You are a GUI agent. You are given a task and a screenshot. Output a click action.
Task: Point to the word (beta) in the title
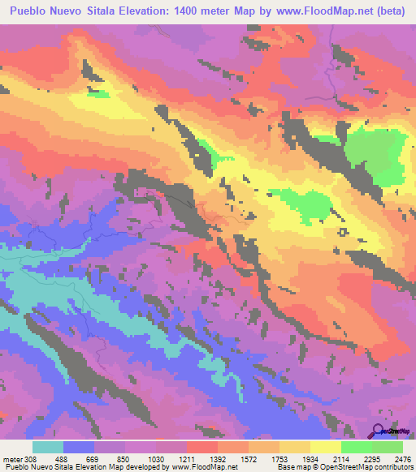[388, 12]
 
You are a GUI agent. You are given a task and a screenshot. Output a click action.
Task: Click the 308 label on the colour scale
[31, 459]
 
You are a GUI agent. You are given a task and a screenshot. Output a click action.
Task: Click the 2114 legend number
[340, 459]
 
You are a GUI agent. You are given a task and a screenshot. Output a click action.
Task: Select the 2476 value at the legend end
[401, 459]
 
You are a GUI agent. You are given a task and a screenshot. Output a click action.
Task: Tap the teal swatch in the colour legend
[48, 447]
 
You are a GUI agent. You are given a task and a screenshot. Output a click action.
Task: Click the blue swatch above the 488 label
[79, 447]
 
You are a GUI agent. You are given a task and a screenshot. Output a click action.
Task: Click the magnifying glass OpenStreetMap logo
[379, 430]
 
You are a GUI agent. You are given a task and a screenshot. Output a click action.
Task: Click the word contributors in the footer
[392, 467]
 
